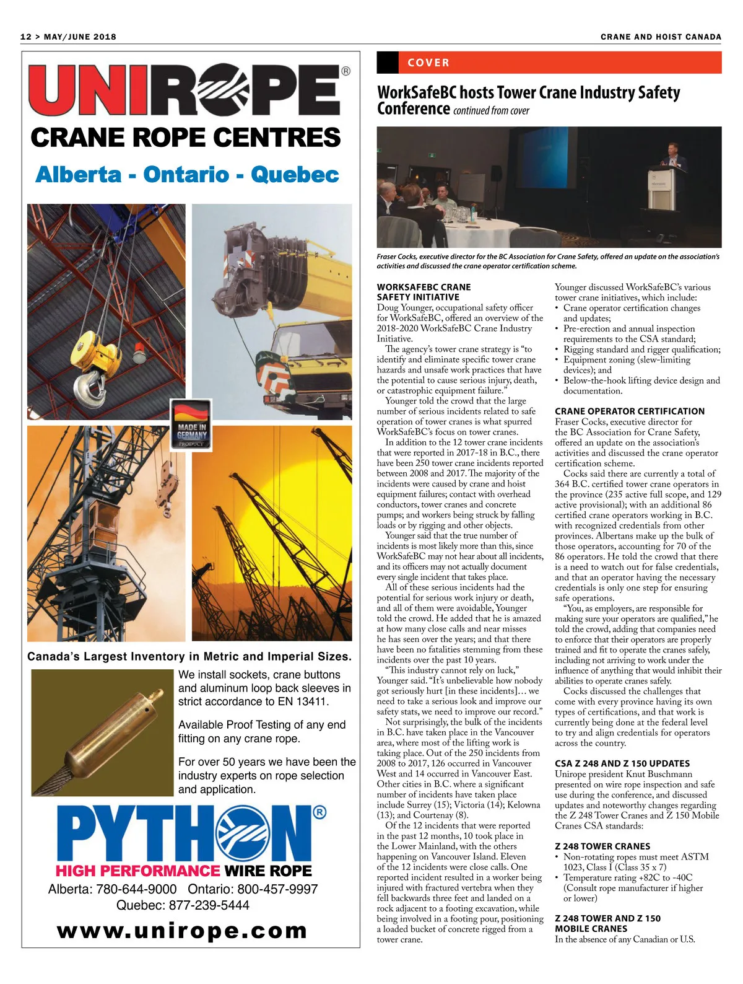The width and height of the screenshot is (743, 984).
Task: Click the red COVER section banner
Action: pos(549,63)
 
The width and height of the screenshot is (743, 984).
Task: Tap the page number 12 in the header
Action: pos(25,37)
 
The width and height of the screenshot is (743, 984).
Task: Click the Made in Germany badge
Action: pos(191,424)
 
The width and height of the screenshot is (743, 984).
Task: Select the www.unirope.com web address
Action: pos(182,930)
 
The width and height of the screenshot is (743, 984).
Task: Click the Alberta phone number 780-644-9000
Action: pos(136,889)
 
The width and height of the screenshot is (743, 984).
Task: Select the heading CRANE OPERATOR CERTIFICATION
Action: pos(629,411)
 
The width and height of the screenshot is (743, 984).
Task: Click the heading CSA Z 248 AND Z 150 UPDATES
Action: pos(622,763)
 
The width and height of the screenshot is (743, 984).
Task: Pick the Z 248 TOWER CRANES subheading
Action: pos(602,846)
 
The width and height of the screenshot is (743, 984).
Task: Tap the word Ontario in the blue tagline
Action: pos(186,175)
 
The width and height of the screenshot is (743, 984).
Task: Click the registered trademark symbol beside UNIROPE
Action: pos(345,71)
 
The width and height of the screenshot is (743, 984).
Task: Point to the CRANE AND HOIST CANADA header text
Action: pos(660,37)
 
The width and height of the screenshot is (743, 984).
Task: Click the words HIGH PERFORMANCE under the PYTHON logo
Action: pos(138,871)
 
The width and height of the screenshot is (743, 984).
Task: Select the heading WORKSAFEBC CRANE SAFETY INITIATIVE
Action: pos(424,292)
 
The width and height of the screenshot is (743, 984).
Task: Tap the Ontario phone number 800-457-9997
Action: pos(277,889)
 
